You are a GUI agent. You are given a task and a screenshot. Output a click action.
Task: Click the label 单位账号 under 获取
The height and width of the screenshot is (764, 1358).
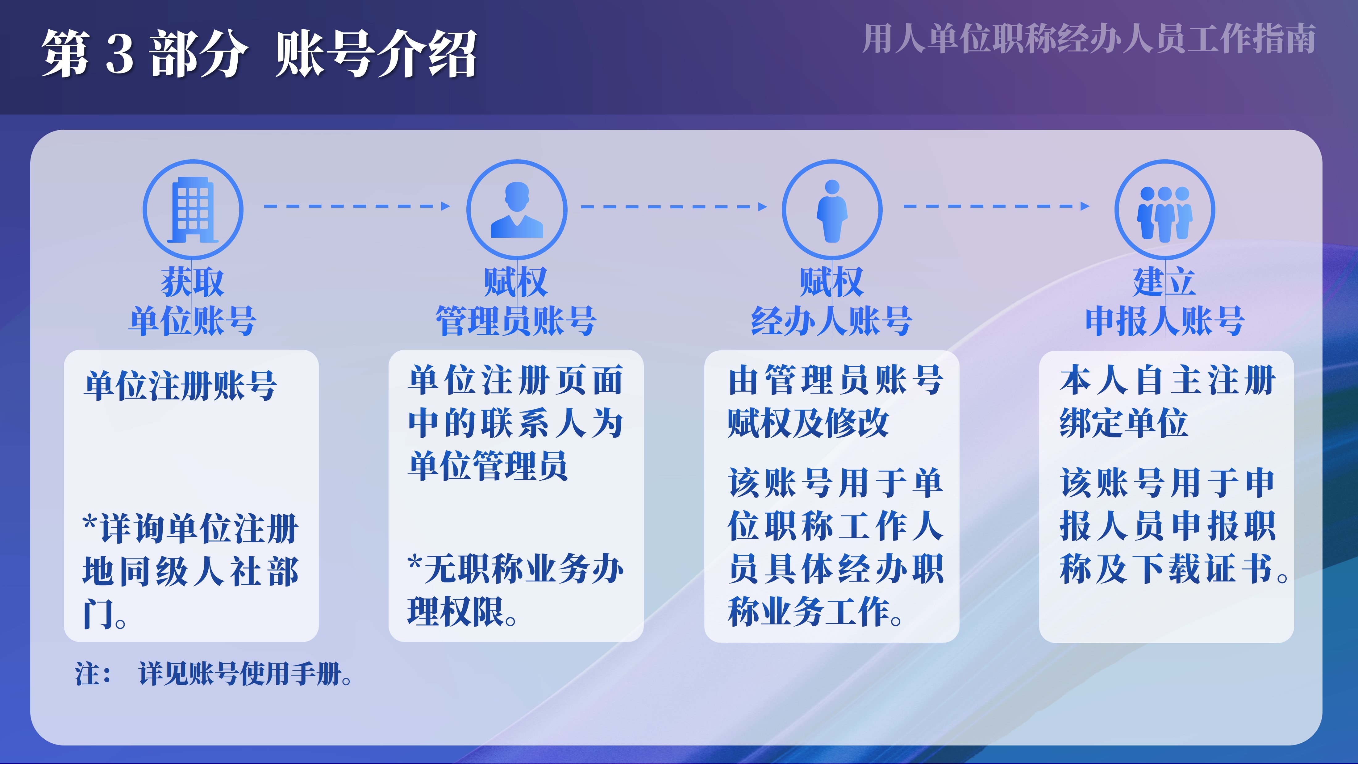click(x=193, y=321)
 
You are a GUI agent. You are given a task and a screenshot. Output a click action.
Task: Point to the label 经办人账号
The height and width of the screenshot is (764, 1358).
click(x=831, y=321)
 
